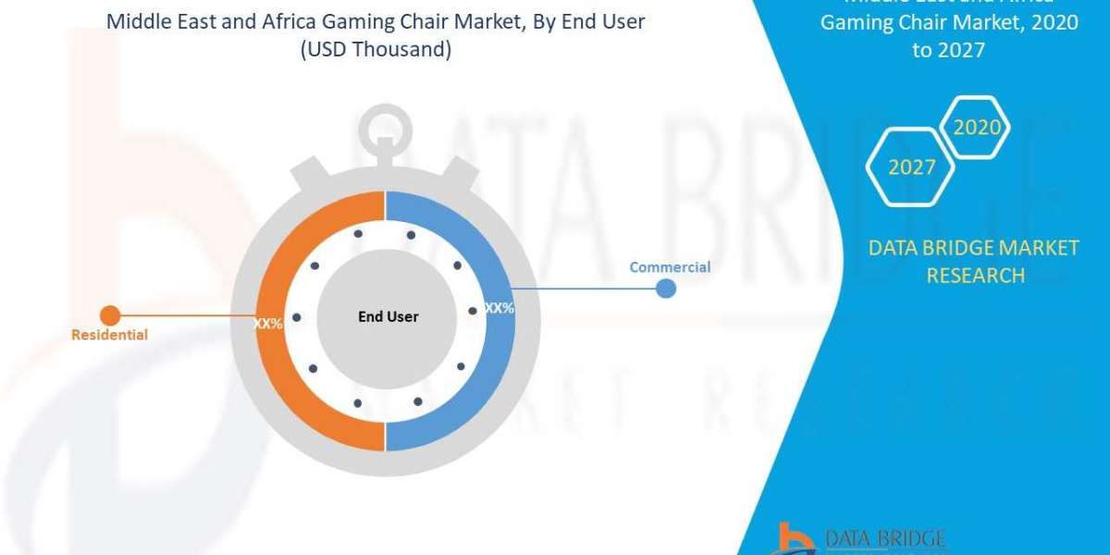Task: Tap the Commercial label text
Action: point(670,267)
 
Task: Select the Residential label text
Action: point(109,335)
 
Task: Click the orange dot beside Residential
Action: point(109,315)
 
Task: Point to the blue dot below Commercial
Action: point(666,289)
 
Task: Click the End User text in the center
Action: point(388,316)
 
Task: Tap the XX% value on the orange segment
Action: point(268,325)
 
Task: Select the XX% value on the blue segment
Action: point(499,308)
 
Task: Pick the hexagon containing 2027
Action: point(911,167)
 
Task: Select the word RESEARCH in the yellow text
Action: point(975,275)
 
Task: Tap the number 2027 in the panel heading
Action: point(961,50)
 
